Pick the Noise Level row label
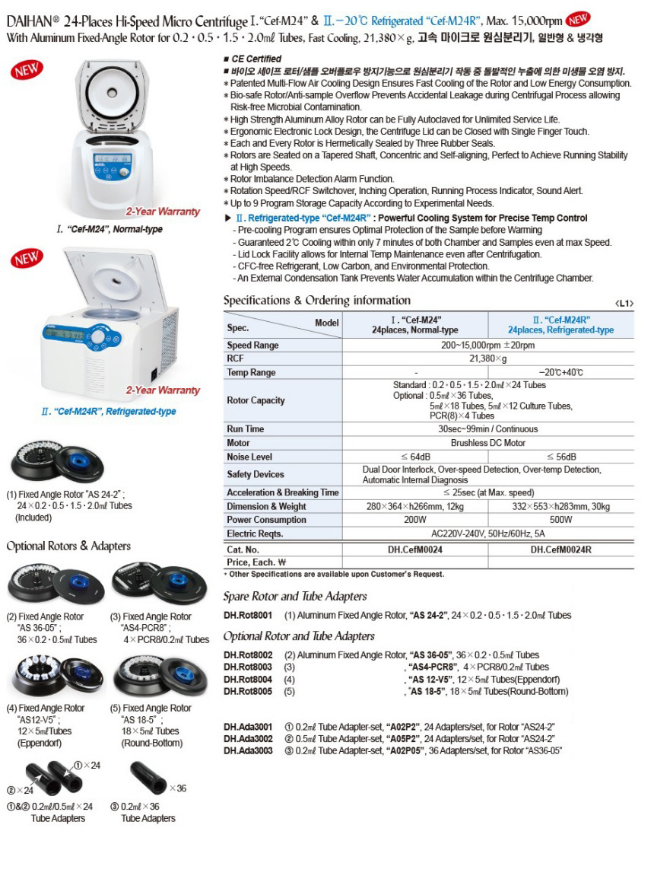[x=249, y=457]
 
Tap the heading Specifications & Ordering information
[x=316, y=301]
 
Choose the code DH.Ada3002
[x=249, y=738]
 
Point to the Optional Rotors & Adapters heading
[x=68, y=546]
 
